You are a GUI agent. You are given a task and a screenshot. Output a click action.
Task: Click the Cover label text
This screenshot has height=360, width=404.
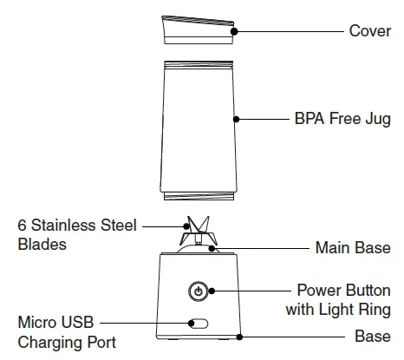(370, 31)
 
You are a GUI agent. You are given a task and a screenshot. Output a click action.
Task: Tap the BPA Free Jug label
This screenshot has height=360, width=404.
(342, 119)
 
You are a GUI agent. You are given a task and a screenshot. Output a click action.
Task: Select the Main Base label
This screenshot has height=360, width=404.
(353, 248)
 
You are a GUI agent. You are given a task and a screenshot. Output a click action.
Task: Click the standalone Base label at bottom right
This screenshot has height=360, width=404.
(373, 337)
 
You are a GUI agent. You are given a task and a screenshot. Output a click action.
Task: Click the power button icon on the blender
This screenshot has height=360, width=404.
(199, 291)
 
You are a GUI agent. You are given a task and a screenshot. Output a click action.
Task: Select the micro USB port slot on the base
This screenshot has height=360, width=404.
(199, 324)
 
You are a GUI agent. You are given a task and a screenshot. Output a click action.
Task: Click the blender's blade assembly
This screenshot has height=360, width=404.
(199, 231)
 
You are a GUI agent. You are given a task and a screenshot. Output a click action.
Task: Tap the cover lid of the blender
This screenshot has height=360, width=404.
(199, 29)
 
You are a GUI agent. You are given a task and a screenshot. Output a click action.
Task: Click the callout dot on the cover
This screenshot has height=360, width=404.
(234, 31)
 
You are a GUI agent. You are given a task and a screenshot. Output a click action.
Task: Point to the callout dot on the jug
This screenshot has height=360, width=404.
(237, 119)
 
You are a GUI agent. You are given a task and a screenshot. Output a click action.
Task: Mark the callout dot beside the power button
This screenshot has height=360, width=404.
(212, 291)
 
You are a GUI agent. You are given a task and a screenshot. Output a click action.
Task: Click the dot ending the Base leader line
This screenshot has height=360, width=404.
(239, 337)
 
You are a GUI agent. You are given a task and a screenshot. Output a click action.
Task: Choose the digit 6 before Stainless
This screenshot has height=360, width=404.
(22, 226)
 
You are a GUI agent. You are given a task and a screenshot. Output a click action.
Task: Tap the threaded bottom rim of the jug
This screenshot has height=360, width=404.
(199, 197)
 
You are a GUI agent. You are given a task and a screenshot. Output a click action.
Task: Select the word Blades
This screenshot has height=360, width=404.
(42, 245)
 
